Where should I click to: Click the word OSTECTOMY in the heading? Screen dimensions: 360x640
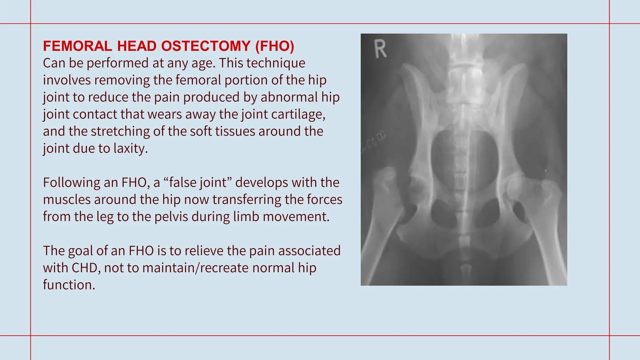point(206,46)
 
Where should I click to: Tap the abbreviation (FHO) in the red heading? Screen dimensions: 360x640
point(275,46)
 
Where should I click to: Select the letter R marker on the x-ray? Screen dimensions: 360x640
point(380,49)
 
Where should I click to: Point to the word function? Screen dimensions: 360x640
point(69,285)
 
